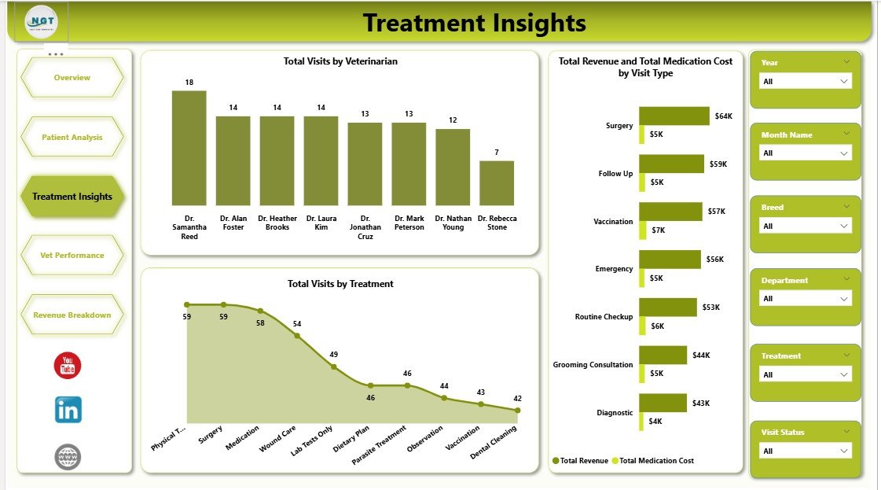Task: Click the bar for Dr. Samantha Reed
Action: tap(189, 148)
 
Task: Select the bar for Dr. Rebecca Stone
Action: tap(497, 183)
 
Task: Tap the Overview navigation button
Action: tap(72, 77)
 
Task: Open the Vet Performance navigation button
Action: tap(72, 255)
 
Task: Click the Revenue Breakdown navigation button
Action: tap(72, 315)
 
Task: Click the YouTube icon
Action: tap(68, 365)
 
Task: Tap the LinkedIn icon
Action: tap(68, 410)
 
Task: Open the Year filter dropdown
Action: tap(806, 81)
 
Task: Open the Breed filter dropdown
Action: tap(806, 226)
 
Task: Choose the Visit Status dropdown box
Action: tap(806, 451)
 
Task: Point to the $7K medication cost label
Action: tap(658, 230)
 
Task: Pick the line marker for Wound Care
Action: tap(297, 336)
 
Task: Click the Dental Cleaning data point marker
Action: tap(517, 410)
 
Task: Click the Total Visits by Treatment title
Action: tap(340, 284)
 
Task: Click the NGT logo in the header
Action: tap(41, 21)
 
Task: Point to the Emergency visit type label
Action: tap(614, 269)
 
